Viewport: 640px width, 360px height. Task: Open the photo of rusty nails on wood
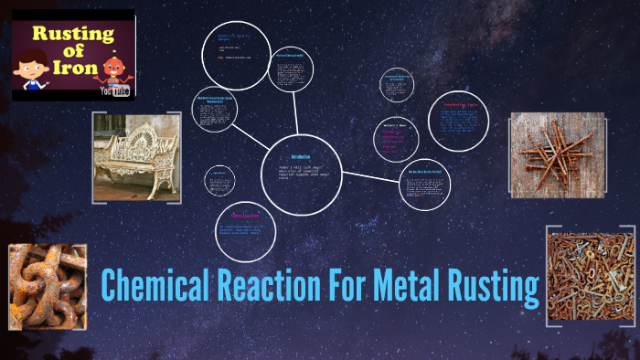pyautogui.click(x=556, y=154)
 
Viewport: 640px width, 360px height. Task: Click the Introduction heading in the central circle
pyautogui.click(x=301, y=157)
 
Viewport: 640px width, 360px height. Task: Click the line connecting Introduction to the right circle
pyautogui.click(x=370, y=175)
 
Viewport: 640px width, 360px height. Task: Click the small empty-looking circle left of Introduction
pyautogui.click(x=219, y=179)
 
